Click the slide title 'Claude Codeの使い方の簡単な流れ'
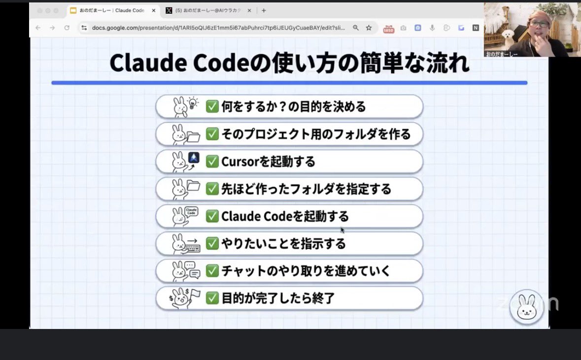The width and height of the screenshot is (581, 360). (x=289, y=63)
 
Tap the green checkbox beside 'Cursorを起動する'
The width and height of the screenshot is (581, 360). (x=212, y=161)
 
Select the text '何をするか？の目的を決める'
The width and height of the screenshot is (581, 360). (x=293, y=106)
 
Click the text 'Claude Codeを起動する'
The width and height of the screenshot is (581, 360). (x=285, y=216)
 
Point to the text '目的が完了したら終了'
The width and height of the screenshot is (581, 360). (x=278, y=298)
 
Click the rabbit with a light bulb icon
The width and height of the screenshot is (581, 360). (x=185, y=106)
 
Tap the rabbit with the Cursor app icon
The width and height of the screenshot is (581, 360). (x=185, y=161)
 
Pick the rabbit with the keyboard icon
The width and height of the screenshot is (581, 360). (x=185, y=243)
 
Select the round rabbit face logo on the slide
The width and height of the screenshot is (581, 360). (x=526, y=306)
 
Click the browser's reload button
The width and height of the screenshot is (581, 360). (x=67, y=28)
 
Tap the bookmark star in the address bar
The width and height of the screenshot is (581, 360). (x=369, y=28)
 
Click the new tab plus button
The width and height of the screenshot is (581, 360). (x=264, y=10)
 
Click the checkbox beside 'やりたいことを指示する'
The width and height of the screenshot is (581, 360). (x=212, y=243)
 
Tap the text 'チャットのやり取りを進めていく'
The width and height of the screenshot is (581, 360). (x=306, y=271)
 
